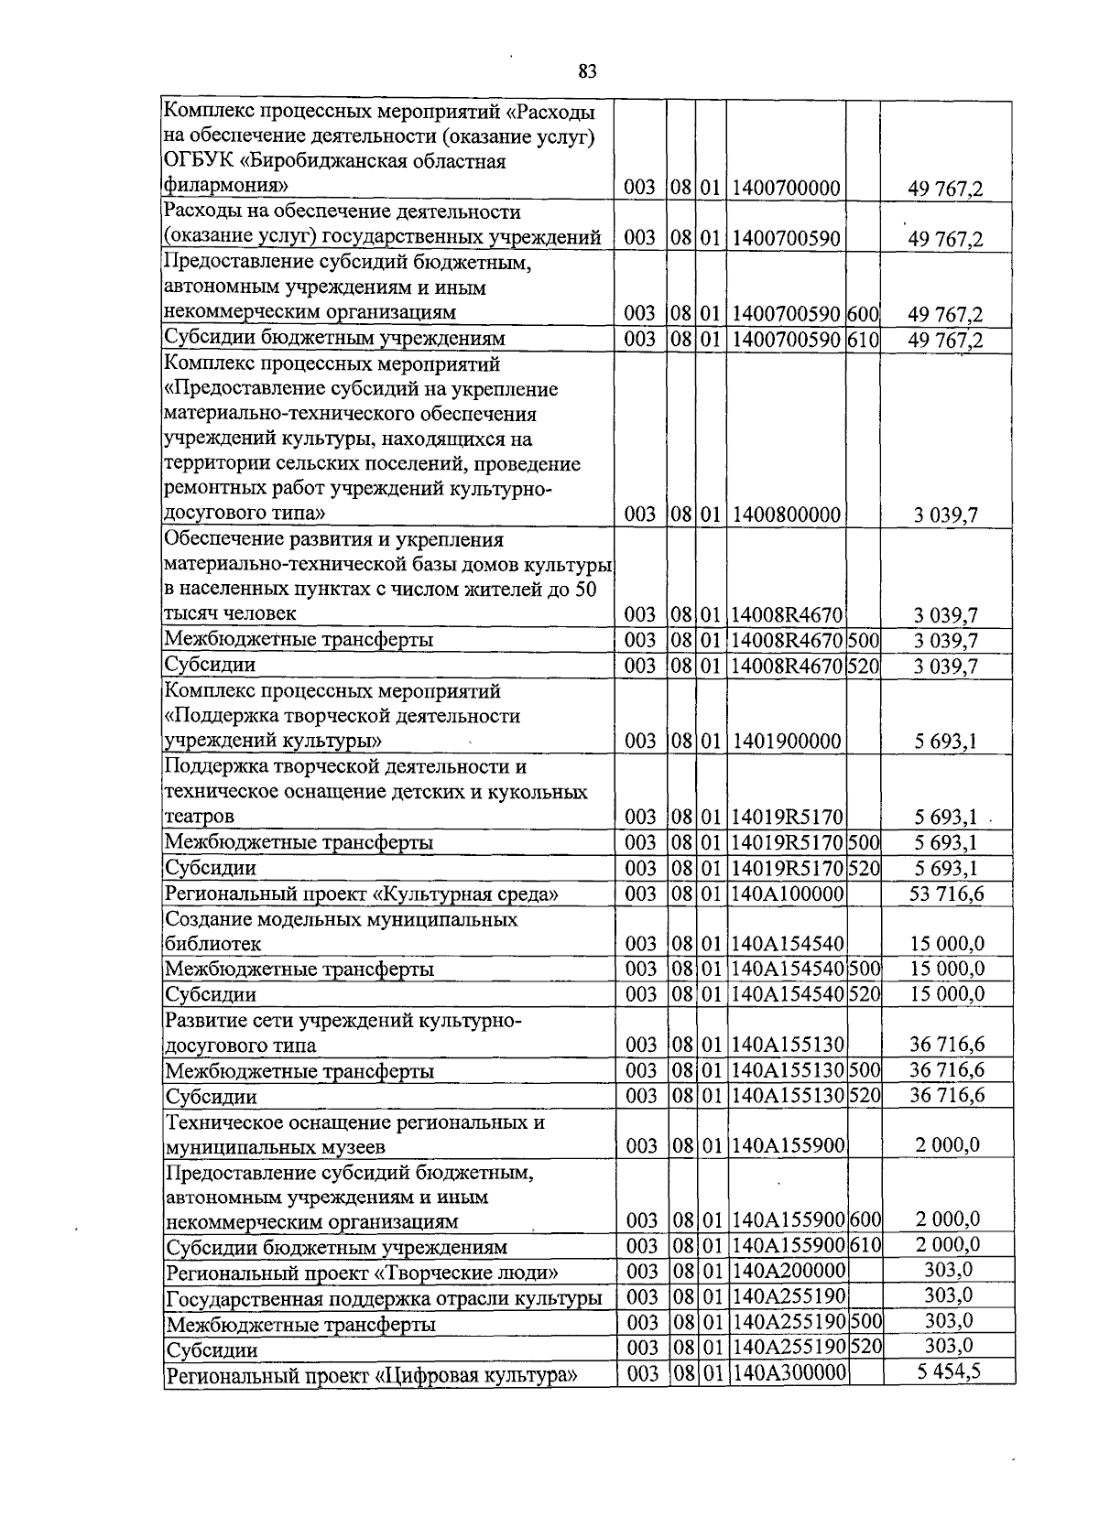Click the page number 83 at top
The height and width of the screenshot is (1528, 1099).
coord(588,71)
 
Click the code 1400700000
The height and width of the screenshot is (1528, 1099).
coord(786,189)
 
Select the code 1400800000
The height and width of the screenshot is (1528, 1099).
coord(786,515)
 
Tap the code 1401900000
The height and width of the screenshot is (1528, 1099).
coord(786,742)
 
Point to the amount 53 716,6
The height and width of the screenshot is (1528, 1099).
coord(946,894)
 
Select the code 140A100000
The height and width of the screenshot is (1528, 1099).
coord(788,894)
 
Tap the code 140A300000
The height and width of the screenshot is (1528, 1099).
coord(789,1373)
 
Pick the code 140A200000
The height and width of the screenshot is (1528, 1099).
coord(789,1271)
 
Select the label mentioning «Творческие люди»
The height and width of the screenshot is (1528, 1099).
coord(362,1273)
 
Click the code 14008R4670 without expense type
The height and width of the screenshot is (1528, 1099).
coord(786,613)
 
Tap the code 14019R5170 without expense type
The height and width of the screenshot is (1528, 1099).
coord(786,817)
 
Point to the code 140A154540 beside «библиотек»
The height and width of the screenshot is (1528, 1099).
coord(788,944)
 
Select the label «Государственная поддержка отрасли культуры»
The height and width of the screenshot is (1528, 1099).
coord(384,1298)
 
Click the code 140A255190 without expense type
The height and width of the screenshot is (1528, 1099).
coord(789,1296)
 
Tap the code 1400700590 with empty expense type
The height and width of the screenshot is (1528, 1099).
coord(786,238)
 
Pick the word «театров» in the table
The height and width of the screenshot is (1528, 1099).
coord(200,816)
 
